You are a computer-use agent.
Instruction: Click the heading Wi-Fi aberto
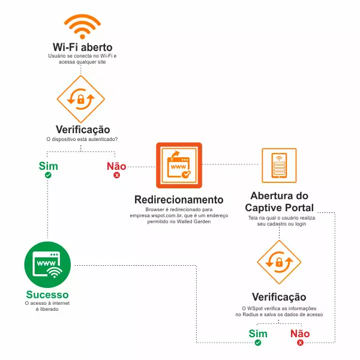pos(83,47)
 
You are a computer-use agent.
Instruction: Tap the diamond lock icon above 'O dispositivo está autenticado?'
pos(81,99)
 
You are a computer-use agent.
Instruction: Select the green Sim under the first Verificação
pos(48,166)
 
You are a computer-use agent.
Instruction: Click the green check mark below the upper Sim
pos(48,175)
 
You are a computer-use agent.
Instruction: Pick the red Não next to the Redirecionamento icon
pos(116,166)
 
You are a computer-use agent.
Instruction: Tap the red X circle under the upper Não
pos(116,175)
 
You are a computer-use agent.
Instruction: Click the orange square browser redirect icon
pos(179,166)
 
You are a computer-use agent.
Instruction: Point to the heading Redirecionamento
pos(179,200)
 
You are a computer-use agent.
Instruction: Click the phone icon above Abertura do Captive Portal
pos(279,166)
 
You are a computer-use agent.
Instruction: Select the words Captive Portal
pos(279,208)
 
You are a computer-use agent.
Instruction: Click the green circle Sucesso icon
pos(47,265)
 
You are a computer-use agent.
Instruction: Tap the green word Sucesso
pos(47,295)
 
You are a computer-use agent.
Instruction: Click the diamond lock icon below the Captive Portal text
pos(279,262)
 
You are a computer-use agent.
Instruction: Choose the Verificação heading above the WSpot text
pos(279,296)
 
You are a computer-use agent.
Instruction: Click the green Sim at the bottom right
pos(258,334)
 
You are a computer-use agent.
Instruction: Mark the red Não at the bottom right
pos(300,334)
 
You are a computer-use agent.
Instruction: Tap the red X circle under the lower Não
pos(300,343)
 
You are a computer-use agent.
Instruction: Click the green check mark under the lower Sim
pos(258,343)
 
